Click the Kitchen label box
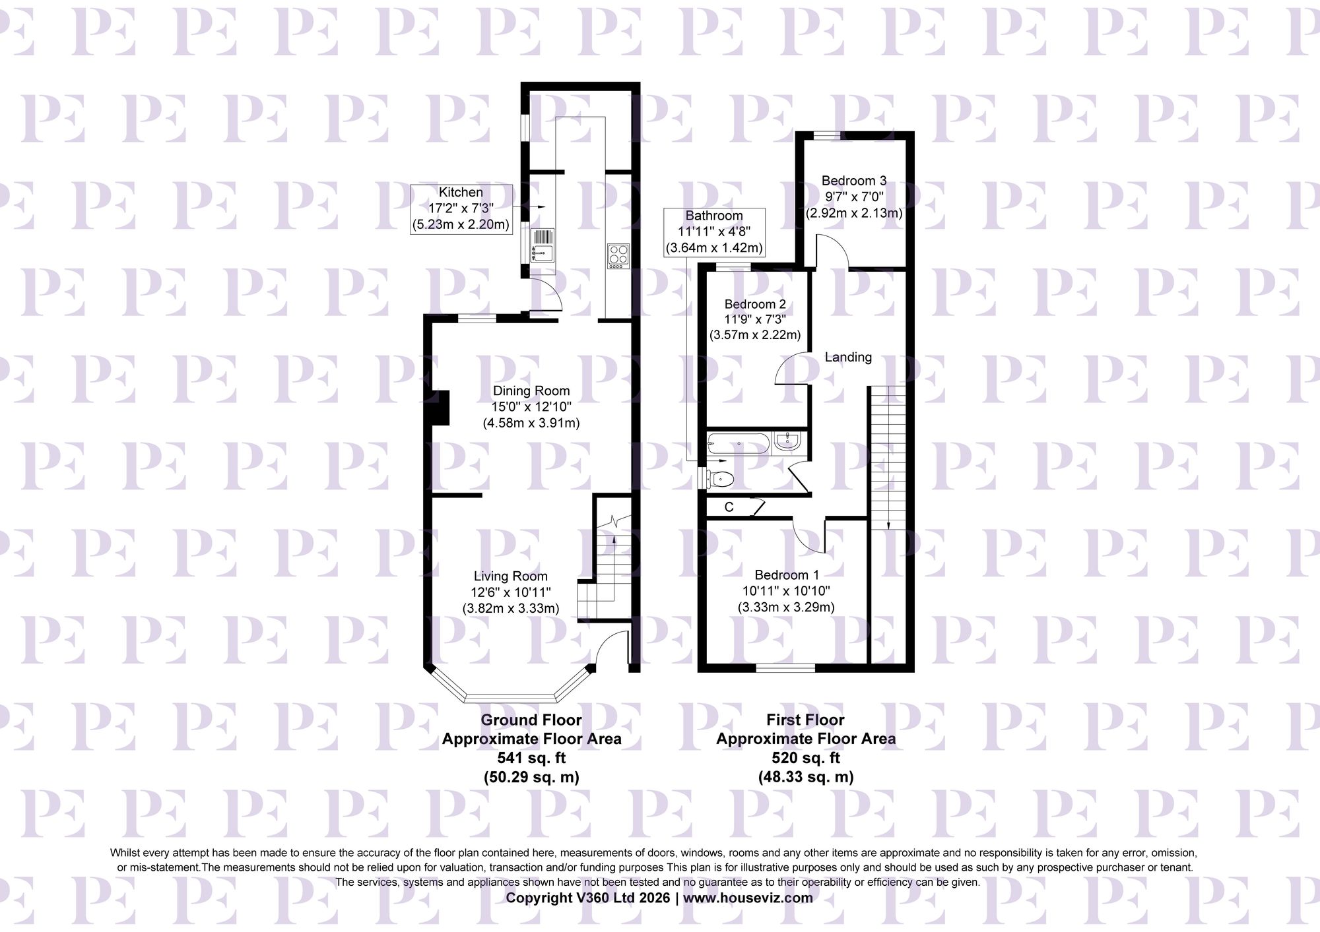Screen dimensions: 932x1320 tap(461, 208)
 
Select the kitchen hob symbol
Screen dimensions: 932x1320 tap(618, 256)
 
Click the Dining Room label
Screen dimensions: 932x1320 tap(531, 391)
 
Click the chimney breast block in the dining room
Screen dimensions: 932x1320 tap(440, 408)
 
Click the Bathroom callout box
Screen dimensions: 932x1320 tap(714, 232)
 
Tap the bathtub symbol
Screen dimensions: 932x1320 tap(738, 443)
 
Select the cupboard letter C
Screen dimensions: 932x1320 tap(729, 507)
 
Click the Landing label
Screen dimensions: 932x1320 tap(848, 357)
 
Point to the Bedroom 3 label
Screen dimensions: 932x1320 tap(853, 181)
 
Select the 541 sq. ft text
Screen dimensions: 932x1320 tap(531, 758)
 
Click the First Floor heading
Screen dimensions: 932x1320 tap(805, 720)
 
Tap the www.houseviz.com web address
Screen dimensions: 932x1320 tap(748, 898)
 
